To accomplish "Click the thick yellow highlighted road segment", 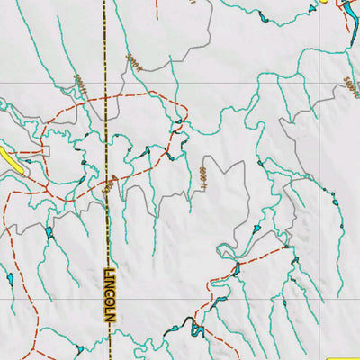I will pyautogui.click(x=12, y=160).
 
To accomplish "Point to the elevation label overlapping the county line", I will pyautogui.click(x=109, y=185).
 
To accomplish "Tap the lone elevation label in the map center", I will pyautogui.click(x=203, y=178).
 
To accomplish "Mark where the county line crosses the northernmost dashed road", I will pyautogui.click(x=105, y=94).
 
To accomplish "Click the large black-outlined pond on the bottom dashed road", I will pyautogui.click(x=194, y=328).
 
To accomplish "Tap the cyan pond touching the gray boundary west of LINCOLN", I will pyautogui.click(x=49, y=233).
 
